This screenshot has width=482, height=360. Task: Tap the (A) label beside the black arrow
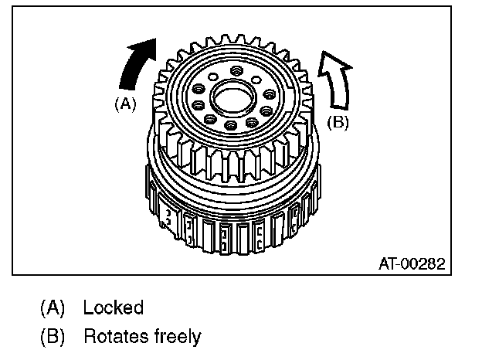point(124,103)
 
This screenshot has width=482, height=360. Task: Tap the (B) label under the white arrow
point(338,121)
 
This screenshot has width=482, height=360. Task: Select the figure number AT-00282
point(411,263)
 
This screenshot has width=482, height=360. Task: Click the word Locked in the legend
point(114,307)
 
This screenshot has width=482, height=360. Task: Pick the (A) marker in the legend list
point(53,307)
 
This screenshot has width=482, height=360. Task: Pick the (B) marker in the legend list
point(53,337)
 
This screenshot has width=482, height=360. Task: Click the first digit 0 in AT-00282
point(403,263)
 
